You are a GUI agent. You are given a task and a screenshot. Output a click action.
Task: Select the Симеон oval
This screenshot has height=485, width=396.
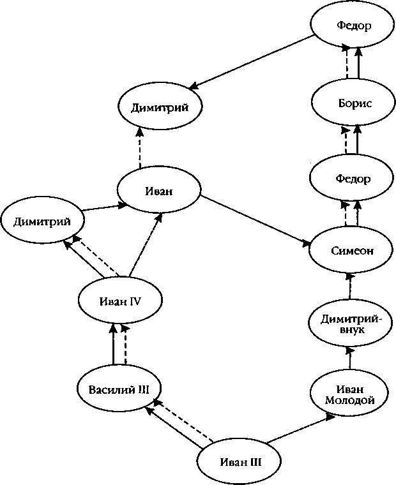click(350, 250)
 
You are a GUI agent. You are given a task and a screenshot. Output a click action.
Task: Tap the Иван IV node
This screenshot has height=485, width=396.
click(119, 300)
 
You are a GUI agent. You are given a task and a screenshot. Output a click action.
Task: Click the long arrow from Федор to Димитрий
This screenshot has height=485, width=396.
click(252, 61)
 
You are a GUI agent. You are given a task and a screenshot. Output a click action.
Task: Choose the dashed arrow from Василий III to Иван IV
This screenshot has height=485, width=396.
click(125, 344)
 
